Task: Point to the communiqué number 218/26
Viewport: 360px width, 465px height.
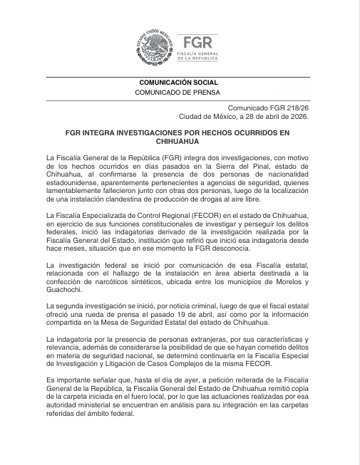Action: tap(294, 107)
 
